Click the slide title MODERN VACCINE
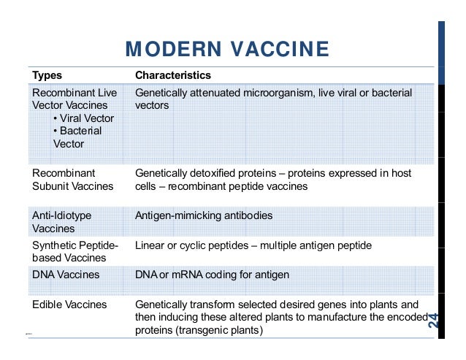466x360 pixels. tap(227, 50)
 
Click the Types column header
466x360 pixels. tap(47, 75)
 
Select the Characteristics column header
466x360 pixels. tap(173, 75)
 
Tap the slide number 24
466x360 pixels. tap(434, 320)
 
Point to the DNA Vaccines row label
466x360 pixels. tap(66, 275)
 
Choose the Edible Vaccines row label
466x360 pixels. tap(69, 304)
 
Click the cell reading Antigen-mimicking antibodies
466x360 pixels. tap(204, 216)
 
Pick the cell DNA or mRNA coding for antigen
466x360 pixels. tap(212, 275)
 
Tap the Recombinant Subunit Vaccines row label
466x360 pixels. tap(72, 180)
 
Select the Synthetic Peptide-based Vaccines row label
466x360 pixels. tap(75, 251)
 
